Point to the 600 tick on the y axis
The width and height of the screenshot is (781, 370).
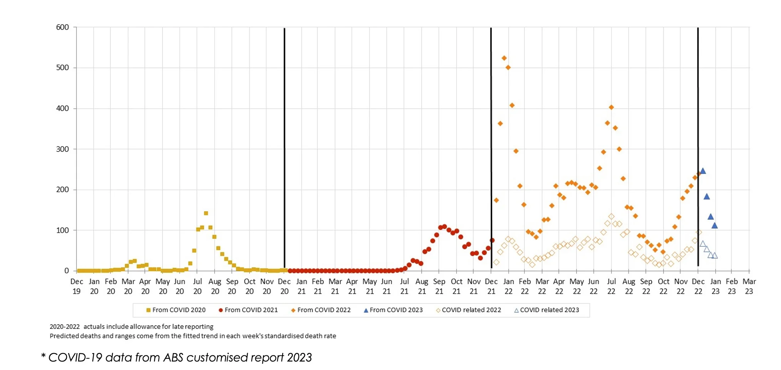click(x=62, y=27)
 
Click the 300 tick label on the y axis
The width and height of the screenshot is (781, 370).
click(x=62, y=149)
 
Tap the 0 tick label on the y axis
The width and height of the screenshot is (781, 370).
click(x=67, y=271)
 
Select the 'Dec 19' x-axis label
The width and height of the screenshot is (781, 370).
click(x=77, y=286)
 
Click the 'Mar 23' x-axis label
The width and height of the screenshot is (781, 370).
click(x=749, y=286)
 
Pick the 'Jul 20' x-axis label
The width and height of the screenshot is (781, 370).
click(x=198, y=286)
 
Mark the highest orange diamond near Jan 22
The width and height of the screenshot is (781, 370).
click(x=504, y=58)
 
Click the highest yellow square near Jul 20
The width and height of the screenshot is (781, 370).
click(x=206, y=213)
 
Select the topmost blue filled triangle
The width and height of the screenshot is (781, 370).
click(x=703, y=171)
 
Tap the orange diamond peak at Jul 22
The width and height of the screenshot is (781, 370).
click(x=611, y=108)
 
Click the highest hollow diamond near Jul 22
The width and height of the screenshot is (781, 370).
click(x=611, y=217)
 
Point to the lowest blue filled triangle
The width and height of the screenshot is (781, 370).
click(x=715, y=225)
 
